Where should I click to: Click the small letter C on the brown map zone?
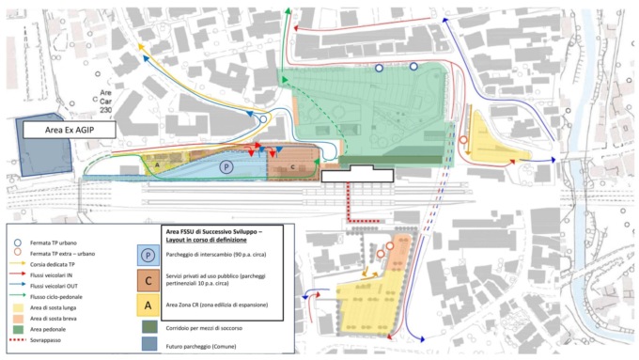(x=292, y=167)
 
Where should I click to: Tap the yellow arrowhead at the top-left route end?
(x=140, y=44)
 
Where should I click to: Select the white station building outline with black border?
(x=357, y=174)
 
